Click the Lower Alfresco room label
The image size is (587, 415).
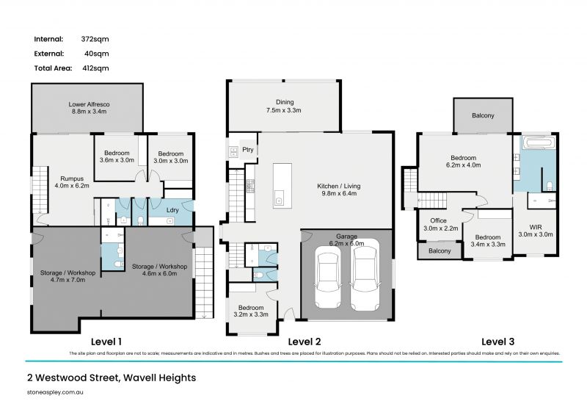pos(87,105)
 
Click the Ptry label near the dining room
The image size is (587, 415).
pos(247,150)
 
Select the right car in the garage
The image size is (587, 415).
pos(365,279)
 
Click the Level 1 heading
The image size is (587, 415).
pos(106,341)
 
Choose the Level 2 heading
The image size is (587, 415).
pos(304,341)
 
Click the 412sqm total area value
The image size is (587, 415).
pos(96,68)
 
